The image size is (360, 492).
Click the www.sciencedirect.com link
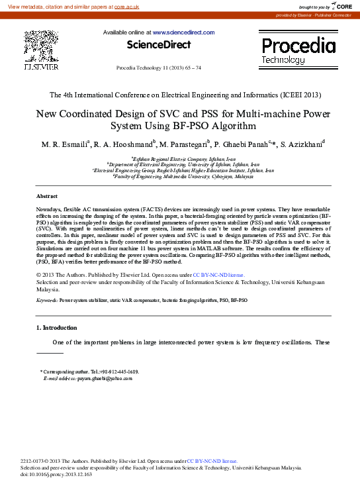(183, 32)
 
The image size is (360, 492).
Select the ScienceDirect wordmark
(158, 44)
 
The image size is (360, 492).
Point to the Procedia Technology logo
(298, 50)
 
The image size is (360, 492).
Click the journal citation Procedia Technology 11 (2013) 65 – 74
(158, 68)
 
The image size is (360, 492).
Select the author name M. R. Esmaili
(66, 144)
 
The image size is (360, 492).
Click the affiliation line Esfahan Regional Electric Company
(183, 160)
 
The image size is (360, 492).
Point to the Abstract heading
(46, 197)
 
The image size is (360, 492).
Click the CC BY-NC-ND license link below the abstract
(218, 274)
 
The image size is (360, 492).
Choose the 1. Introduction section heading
(56, 328)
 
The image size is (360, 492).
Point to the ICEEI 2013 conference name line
(179, 95)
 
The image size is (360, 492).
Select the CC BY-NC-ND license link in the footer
(213, 460)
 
